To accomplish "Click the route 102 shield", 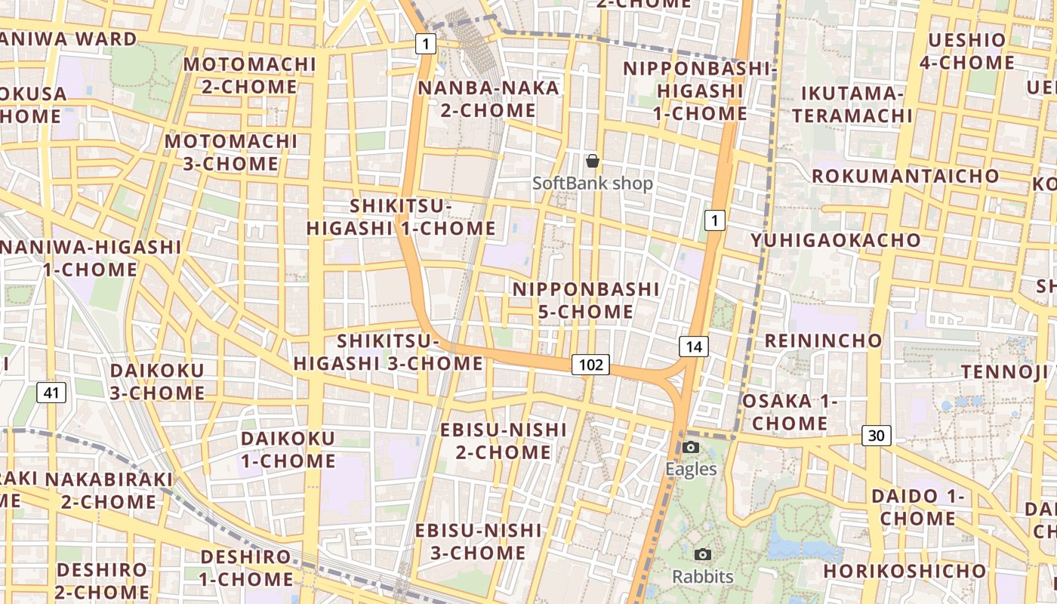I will pos(590,365).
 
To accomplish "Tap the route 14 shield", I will pos(694,347).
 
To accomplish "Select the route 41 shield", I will pos(51,392).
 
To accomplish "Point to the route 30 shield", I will pos(876,436).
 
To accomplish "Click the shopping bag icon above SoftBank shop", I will pos(593,161).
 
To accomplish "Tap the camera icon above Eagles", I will pos(690,447).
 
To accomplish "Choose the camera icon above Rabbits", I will pos(703,555).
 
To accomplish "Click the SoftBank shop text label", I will pos(593,183).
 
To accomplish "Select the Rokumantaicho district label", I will pos(905,176).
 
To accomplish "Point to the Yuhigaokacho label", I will pos(836,240).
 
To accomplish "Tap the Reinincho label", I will pos(824,340).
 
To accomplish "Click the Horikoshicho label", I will pos(904,571).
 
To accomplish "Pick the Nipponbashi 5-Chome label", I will pos(586,300).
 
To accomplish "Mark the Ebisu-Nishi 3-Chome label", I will pos(479,541).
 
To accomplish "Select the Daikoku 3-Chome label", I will pos(157,381).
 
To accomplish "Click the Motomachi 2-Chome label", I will pos(249,75).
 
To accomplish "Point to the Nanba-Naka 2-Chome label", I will pos(488,99).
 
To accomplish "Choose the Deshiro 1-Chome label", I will pos(246,569).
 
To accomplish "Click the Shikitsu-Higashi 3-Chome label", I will pos(388,352).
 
